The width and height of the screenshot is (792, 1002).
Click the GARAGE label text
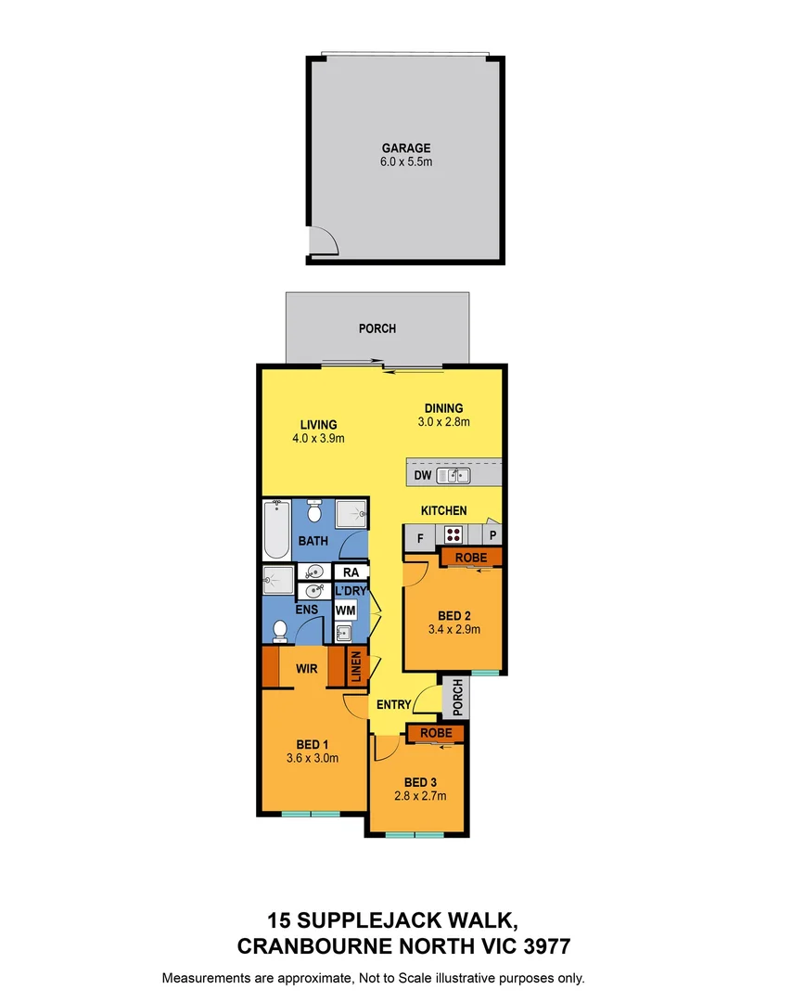click(x=406, y=148)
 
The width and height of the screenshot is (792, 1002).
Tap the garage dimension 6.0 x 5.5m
click(x=406, y=161)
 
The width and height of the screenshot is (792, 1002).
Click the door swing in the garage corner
click(x=323, y=240)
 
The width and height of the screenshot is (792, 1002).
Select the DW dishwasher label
click(x=422, y=476)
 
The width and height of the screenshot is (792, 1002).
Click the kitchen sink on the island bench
click(x=453, y=476)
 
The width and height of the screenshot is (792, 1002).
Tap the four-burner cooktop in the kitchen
click(x=453, y=535)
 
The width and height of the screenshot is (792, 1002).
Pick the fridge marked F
click(x=420, y=536)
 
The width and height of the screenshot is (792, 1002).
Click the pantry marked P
click(x=493, y=536)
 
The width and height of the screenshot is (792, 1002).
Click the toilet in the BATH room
click(x=313, y=512)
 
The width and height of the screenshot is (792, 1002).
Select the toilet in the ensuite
click(x=280, y=630)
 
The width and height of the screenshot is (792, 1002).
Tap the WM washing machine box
click(x=345, y=610)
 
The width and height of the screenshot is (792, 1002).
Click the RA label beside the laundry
click(x=351, y=573)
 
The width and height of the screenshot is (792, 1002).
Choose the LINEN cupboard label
click(x=354, y=668)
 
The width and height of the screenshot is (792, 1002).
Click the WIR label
click(x=308, y=668)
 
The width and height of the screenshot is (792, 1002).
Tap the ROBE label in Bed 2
click(x=469, y=557)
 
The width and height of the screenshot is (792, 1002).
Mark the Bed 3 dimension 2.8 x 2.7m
click(x=420, y=796)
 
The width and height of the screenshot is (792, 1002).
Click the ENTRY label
click(x=393, y=705)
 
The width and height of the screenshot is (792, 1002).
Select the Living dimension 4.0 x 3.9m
click(x=318, y=439)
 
